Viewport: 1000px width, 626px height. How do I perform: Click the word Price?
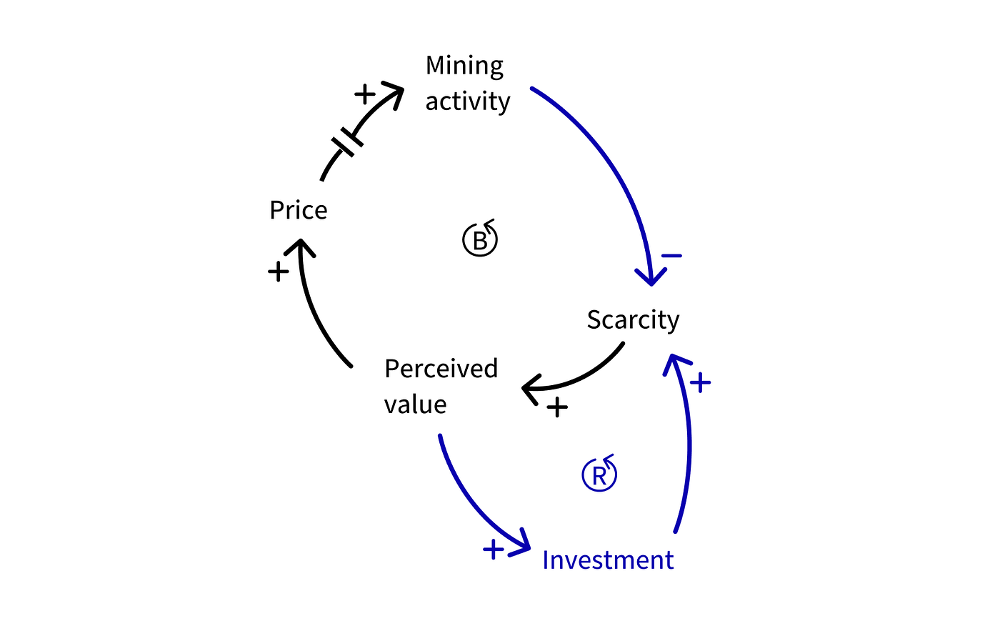[x=299, y=210]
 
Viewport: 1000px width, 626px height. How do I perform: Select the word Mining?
[x=464, y=66]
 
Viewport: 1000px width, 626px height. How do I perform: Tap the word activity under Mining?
[x=467, y=101]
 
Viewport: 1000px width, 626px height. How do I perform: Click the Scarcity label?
[x=633, y=319]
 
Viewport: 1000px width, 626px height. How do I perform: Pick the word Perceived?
[x=441, y=369]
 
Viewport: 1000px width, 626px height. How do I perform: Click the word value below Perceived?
[x=415, y=404]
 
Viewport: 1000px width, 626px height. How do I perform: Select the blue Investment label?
[x=608, y=560]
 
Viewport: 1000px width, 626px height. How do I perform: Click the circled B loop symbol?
[x=480, y=238]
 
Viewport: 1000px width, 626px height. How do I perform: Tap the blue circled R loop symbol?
[x=599, y=473]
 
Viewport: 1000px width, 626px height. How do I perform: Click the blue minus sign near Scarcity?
[x=671, y=256]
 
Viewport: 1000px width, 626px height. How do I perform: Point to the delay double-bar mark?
[x=347, y=142]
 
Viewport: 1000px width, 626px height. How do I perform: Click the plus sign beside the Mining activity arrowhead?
[x=365, y=94]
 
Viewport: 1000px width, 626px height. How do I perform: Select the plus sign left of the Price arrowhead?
[x=278, y=272]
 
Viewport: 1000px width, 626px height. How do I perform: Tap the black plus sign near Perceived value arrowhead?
[x=557, y=407]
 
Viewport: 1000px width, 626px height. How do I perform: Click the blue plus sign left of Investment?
[x=494, y=550]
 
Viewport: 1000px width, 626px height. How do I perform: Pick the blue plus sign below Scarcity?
[x=700, y=382]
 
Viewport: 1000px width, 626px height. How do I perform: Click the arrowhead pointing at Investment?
[x=521, y=543]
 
